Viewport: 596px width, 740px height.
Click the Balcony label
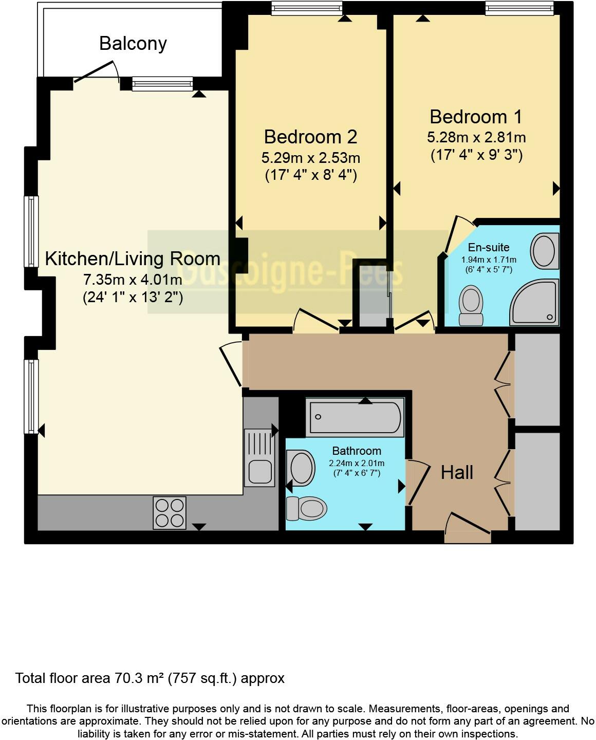pos(133,44)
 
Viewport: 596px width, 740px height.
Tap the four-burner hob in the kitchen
pos(170,512)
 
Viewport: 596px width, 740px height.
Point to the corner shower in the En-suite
pos(534,303)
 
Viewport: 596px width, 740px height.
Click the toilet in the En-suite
pos(471,306)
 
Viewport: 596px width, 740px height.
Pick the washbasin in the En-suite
pos(544,251)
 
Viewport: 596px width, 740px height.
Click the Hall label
pos(457,472)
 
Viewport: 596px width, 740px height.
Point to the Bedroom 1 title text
pos(476,117)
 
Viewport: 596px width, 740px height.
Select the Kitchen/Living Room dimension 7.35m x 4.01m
pos(133,280)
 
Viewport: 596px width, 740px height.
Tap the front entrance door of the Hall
pos(468,525)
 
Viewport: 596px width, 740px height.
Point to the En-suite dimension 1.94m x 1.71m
pos(489,260)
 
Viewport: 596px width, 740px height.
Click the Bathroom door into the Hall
pos(417,483)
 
